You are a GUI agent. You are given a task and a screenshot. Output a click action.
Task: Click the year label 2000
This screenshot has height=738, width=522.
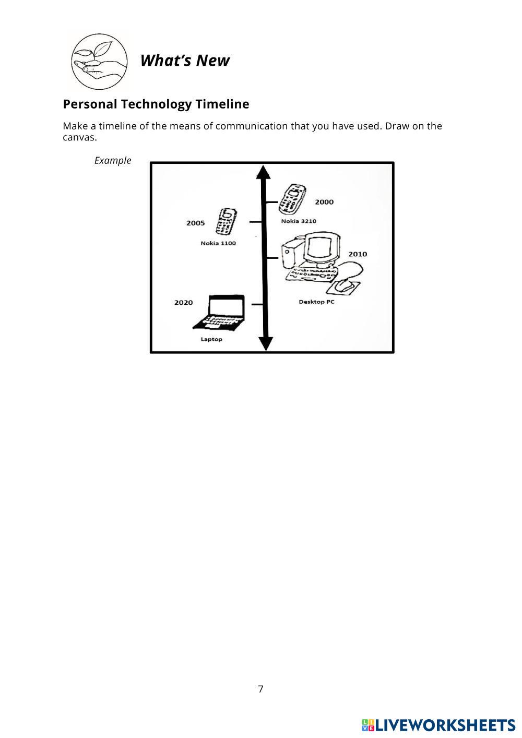(324, 202)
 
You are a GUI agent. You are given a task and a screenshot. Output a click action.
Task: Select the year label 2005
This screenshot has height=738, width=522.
(195, 223)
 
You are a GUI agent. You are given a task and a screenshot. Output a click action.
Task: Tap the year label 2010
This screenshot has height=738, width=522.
(358, 254)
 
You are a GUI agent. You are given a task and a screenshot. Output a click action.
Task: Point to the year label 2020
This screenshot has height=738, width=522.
(183, 302)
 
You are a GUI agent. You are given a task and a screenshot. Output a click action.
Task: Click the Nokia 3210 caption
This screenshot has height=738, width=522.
(299, 221)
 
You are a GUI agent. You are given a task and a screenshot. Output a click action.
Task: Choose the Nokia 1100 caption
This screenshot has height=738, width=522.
(218, 243)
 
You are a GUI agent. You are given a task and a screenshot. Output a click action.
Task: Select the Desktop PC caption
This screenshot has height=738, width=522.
(316, 302)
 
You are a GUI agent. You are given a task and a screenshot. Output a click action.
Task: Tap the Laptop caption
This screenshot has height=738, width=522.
(211, 339)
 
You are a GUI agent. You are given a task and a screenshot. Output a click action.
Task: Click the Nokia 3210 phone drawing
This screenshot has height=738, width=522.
(291, 199)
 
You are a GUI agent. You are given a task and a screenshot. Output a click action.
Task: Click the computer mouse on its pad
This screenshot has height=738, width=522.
(345, 285)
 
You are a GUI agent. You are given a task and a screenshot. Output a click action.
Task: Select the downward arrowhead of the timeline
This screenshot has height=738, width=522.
(266, 343)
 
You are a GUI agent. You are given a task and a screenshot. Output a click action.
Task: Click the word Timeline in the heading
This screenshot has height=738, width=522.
(222, 104)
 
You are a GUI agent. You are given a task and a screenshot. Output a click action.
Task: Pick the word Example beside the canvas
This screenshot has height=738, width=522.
(113, 160)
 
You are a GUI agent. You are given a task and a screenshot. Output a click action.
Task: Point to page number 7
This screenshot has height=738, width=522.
(260, 689)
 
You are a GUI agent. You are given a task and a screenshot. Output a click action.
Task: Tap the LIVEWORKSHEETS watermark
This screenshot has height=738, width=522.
(438, 725)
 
